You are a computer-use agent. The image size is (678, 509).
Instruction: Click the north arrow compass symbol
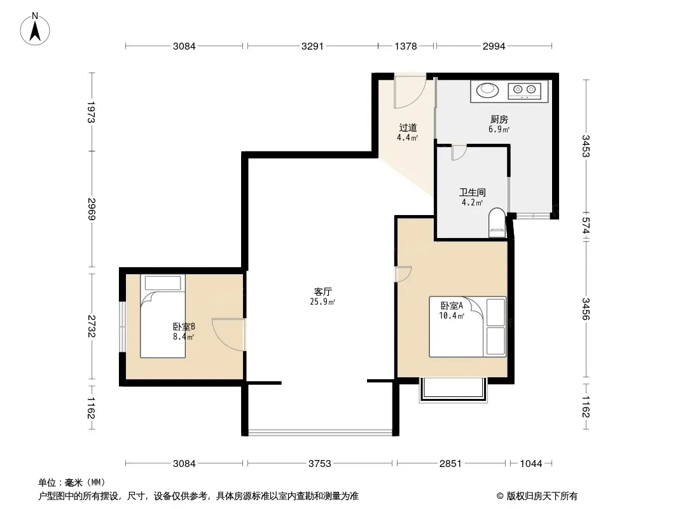pos(35,29)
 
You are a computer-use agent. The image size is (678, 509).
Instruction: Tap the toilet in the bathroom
pos(497,223)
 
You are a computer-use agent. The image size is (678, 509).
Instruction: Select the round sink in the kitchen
pos(487,90)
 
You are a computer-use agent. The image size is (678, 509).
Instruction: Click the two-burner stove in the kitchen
pos(524,90)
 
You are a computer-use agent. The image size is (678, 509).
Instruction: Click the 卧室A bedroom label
pos(452,306)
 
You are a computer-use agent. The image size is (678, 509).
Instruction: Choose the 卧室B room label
pos(184,326)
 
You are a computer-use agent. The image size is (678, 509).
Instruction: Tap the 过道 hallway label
pos(408,128)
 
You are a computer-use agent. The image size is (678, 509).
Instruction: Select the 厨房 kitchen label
pos(499,119)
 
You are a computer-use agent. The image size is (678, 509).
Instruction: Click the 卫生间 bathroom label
pos(472,192)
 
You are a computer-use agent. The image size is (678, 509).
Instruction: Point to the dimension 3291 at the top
pos(312,46)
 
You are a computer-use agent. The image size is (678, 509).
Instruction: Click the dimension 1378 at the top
pos(406,46)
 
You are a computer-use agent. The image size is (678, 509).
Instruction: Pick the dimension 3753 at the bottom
pos(319,464)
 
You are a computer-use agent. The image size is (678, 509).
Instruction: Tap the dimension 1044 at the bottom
pos(530,464)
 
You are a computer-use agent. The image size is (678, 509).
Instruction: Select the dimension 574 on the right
pos(586,226)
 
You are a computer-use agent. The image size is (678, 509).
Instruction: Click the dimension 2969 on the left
pos(91,209)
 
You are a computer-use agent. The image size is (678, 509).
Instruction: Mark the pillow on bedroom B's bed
pos(163,283)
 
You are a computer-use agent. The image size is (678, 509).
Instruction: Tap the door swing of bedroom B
pos(229,334)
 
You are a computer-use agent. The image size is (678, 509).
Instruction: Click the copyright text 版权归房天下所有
pos(542,496)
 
